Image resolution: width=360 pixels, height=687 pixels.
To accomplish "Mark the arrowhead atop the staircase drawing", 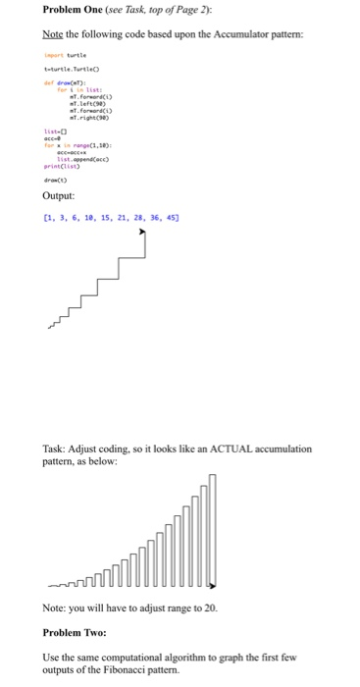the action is point(144,233).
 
